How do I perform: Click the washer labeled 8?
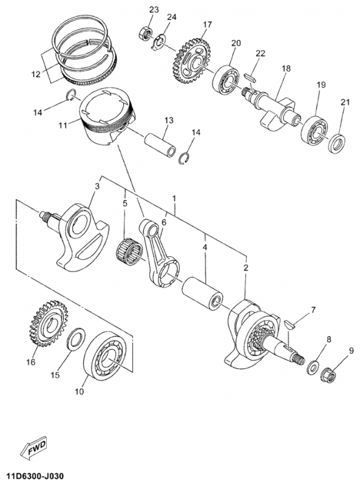(313, 368)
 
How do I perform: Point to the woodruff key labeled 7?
(290, 324)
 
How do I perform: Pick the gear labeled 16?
(46, 323)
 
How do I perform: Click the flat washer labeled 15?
(76, 339)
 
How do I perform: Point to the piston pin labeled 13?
(160, 145)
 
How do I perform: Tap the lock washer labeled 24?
(158, 42)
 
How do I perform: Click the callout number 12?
(36, 74)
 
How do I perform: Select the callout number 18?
(286, 68)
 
